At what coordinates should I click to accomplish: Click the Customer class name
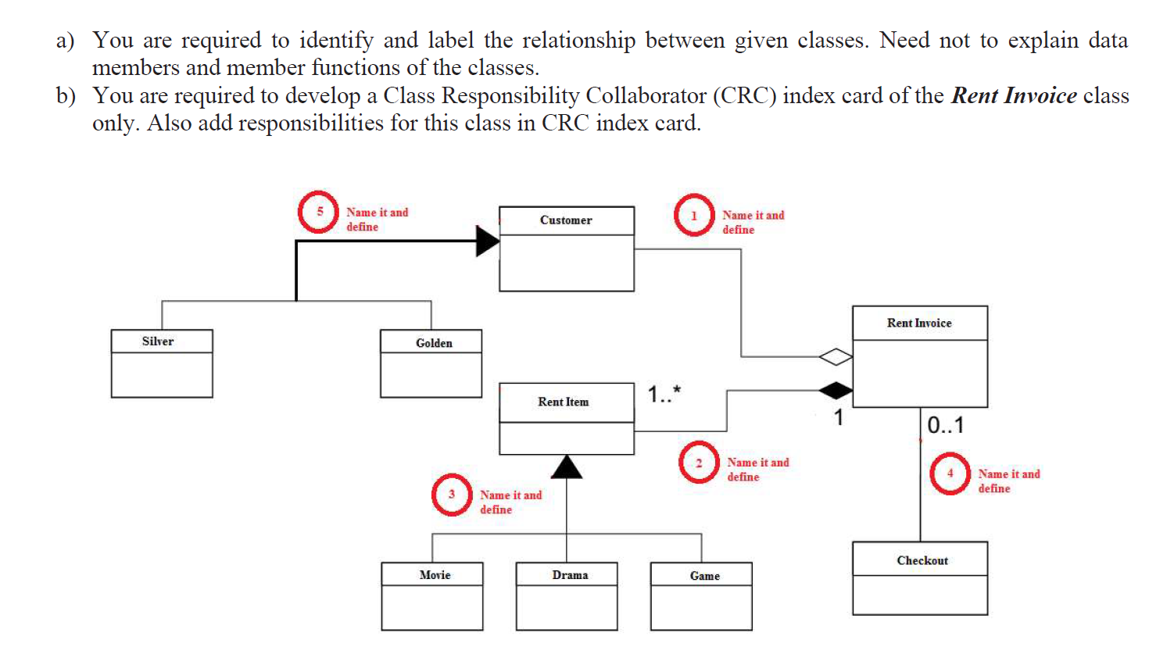coord(566,220)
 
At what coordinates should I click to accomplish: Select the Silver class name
coord(158,341)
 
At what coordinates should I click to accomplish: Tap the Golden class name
coord(434,343)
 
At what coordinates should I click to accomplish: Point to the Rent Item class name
coord(564,402)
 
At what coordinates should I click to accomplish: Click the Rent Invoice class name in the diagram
coord(919,323)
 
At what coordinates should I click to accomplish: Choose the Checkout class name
coord(922,560)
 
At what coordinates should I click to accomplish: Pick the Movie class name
coord(435,575)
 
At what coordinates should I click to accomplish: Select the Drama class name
coord(570,575)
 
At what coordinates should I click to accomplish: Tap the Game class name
coord(705,576)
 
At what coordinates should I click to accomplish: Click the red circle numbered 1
coord(694,215)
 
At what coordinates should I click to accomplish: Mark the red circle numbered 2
coord(699,463)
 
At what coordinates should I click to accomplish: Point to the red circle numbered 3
coord(452,495)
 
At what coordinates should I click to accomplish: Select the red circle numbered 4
coord(950,474)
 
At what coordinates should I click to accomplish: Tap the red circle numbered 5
coord(318,212)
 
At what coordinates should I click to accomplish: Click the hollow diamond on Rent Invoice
coord(836,357)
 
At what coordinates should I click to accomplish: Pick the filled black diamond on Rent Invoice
coord(836,389)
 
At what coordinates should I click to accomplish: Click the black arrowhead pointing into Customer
coord(488,241)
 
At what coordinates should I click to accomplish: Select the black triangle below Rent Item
coord(567,466)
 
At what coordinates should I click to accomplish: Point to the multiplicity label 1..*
coord(664,394)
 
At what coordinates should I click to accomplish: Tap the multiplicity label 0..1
coord(946,425)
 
